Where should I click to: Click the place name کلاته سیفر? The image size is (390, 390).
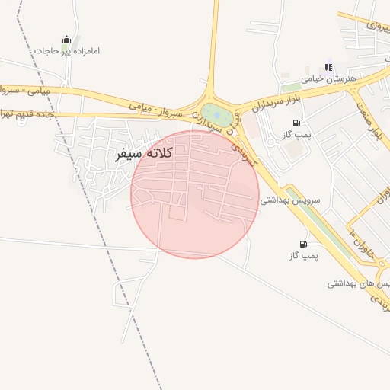tap(143, 153)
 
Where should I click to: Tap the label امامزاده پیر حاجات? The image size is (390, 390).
tap(67, 51)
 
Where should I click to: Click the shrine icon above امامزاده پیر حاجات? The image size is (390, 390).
tap(66, 39)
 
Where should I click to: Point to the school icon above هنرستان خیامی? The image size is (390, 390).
tap(329, 67)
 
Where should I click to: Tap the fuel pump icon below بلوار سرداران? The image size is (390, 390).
tap(296, 123)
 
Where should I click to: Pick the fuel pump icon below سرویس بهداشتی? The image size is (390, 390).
tap(304, 245)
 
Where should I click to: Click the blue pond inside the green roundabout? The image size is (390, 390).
tap(216, 116)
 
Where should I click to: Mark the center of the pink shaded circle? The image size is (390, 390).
tap(194, 194)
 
